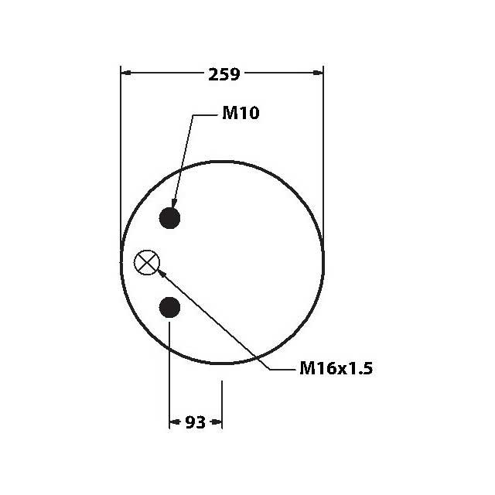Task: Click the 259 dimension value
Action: [x=224, y=74]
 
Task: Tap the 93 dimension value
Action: [x=196, y=422]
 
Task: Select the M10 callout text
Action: [x=241, y=114]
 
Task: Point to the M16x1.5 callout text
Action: [x=336, y=368]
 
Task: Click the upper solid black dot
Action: [x=169, y=219]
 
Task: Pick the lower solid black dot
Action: [x=169, y=309]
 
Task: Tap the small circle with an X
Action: [x=146, y=263]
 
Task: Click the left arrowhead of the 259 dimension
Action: [x=126, y=73]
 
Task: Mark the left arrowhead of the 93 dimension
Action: [x=174, y=422]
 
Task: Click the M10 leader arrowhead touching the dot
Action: [x=174, y=203]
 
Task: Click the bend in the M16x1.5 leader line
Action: [x=270, y=369]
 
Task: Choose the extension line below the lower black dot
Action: [x=169, y=371]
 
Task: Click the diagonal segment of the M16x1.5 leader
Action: [x=217, y=321]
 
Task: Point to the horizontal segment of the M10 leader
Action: [x=205, y=115]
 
